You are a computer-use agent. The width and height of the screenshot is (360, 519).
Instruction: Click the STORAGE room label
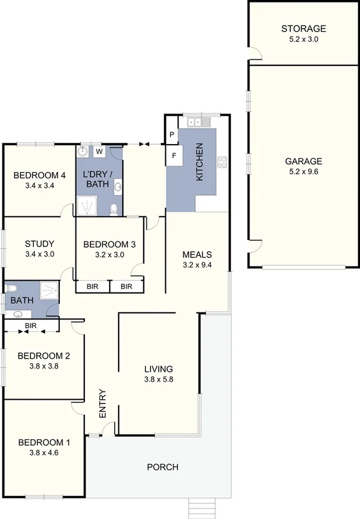pyautogui.click(x=303, y=29)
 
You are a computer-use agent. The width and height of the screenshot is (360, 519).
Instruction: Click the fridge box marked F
pyautogui.click(x=174, y=155)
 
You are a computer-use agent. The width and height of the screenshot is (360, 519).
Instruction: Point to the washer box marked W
pyautogui.click(x=99, y=151)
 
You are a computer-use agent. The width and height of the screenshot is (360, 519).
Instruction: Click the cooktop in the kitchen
pyautogui.click(x=221, y=162)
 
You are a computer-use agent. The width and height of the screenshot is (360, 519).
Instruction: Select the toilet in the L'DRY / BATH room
pyautogui.click(x=114, y=210)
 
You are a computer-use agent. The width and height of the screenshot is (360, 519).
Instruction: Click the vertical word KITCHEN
pyautogui.click(x=200, y=162)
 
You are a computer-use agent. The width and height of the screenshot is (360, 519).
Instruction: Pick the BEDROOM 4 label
pyautogui.click(x=40, y=175)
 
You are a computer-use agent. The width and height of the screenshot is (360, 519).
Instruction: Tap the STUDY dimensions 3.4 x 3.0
pyautogui.click(x=40, y=255)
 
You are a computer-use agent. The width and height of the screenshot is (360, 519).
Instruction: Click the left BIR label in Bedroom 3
pyautogui.click(x=92, y=286)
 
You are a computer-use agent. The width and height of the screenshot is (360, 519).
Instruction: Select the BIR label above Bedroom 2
pyautogui.click(x=31, y=326)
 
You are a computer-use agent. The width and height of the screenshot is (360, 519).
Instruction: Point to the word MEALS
pyautogui.click(x=197, y=255)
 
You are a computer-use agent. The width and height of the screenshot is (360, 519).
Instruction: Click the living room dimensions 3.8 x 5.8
pyautogui.click(x=158, y=379)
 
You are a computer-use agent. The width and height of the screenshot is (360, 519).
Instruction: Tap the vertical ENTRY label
pyautogui.click(x=103, y=404)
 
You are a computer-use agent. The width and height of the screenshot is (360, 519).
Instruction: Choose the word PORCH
pyautogui.click(x=162, y=467)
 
